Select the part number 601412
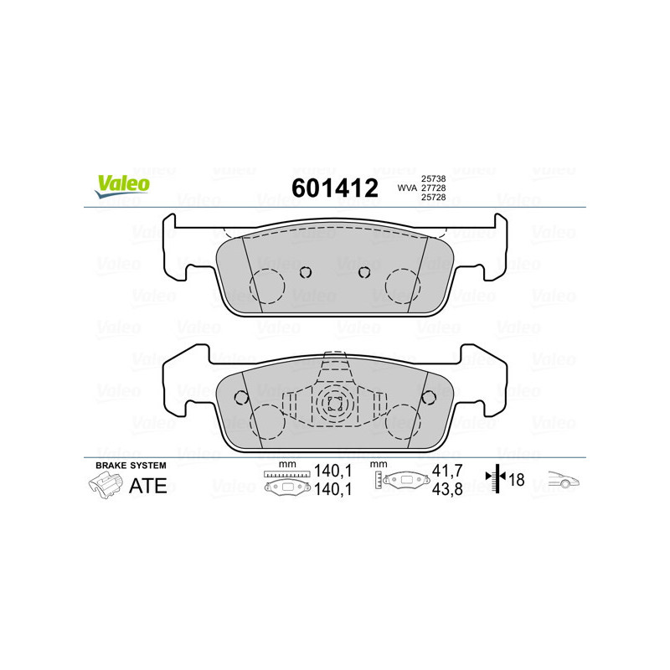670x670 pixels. click(334, 188)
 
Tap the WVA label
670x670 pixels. click(407, 188)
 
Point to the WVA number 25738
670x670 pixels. click(432, 179)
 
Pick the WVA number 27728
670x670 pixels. click(432, 188)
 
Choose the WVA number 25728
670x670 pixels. click(432, 198)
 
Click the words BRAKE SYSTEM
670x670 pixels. click(131, 466)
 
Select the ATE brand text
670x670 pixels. click(147, 486)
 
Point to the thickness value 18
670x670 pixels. click(518, 481)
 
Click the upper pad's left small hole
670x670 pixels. click(306, 271)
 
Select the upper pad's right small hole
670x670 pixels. click(363, 271)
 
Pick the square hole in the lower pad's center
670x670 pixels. click(335, 403)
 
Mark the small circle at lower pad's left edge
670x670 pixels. click(240, 396)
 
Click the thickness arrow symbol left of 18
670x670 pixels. click(499, 480)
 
